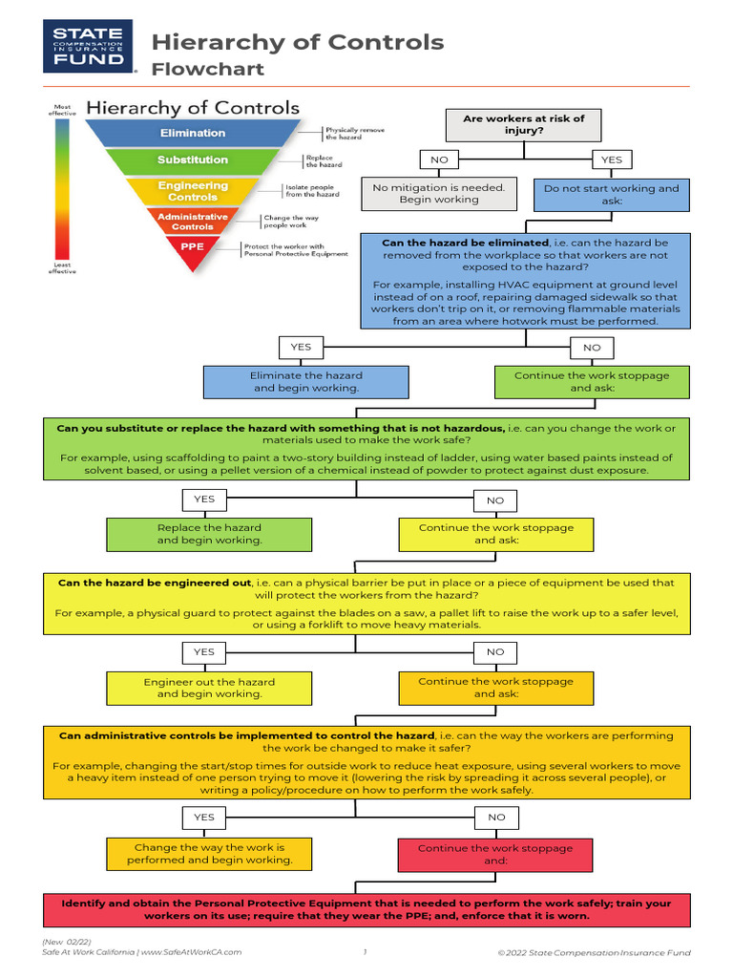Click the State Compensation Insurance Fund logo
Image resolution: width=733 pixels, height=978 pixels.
[89, 48]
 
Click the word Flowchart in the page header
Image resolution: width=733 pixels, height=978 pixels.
[208, 70]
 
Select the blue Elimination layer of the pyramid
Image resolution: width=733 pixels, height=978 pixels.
[193, 133]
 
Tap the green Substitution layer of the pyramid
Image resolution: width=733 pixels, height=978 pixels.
[193, 159]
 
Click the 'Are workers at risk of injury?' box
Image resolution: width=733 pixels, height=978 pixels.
[523, 124]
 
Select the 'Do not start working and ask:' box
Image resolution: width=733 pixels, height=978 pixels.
[611, 195]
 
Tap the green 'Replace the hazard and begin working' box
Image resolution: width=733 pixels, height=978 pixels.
[210, 534]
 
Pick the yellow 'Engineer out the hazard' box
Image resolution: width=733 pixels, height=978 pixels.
[209, 688]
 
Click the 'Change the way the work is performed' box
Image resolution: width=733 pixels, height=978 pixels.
[209, 854]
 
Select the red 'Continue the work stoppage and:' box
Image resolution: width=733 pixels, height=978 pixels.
[495, 854]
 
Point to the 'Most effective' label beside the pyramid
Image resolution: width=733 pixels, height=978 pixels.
[62, 109]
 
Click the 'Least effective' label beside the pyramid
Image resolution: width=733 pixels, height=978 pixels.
[62, 267]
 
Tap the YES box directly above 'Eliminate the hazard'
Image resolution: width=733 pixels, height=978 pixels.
[301, 347]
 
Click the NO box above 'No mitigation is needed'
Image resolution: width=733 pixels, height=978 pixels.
[439, 159]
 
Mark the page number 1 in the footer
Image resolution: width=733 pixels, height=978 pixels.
[365, 952]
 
